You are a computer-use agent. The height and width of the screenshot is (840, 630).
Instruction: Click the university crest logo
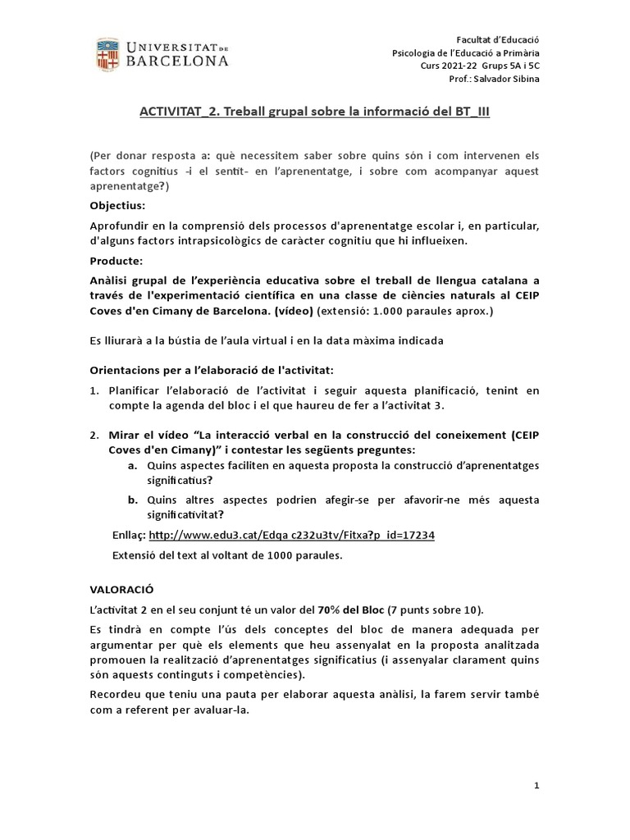[x=107, y=53]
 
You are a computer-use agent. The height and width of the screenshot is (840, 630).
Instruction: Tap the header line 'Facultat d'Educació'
[x=499, y=40]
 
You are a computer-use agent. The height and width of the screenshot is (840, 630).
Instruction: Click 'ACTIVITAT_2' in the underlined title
[x=175, y=112]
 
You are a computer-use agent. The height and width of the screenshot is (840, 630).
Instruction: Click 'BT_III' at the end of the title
[x=470, y=112]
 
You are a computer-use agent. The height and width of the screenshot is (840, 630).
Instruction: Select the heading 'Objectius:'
[x=116, y=206]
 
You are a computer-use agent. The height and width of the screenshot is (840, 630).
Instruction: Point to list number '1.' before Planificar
[x=94, y=392]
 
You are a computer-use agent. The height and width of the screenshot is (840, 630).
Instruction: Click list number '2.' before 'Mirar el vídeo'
[x=94, y=435]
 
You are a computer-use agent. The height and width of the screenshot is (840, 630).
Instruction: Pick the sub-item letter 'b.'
[x=132, y=500]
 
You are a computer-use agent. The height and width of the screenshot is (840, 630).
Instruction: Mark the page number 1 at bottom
[x=536, y=785]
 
